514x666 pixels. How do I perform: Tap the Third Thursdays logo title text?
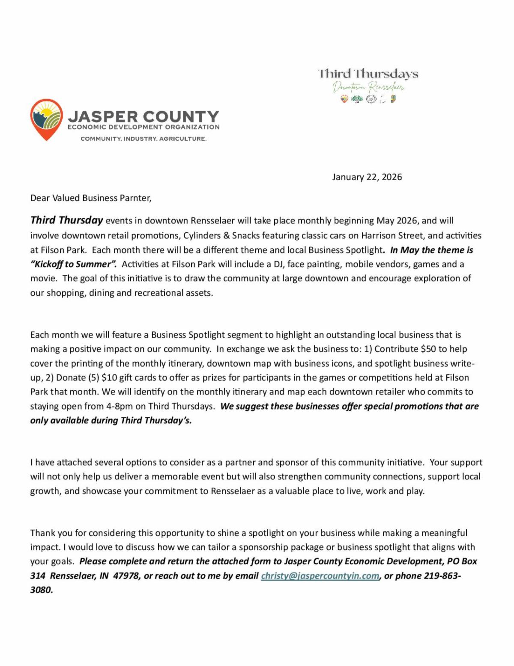tap(368, 74)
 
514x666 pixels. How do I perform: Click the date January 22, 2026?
tap(367, 177)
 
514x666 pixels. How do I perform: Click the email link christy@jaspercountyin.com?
tap(320, 576)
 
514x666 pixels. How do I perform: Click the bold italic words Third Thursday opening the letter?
tap(67, 220)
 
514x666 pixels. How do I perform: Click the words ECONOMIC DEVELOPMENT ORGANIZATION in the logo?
tap(143, 127)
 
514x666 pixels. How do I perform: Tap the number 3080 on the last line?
tap(41, 590)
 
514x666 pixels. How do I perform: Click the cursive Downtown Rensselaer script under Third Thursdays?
tap(368, 87)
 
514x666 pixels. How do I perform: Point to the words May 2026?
tap(398, 221)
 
